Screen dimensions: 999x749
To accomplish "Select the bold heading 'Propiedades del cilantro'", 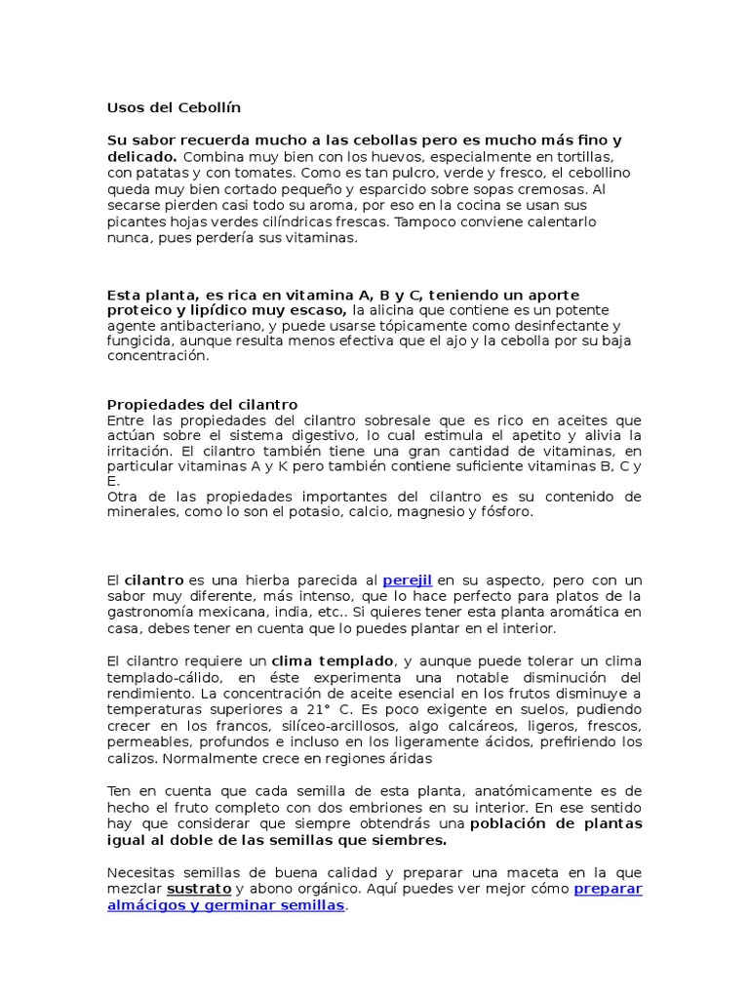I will pyautogui.click(x=202, y=404).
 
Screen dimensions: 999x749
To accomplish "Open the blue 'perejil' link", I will pyautogui.click(x=407, y=579).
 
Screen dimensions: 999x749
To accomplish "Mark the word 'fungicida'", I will pyautogui.click(x=138, y=340).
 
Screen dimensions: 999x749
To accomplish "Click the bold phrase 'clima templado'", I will pyautogui.click(x=333, y=660).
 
